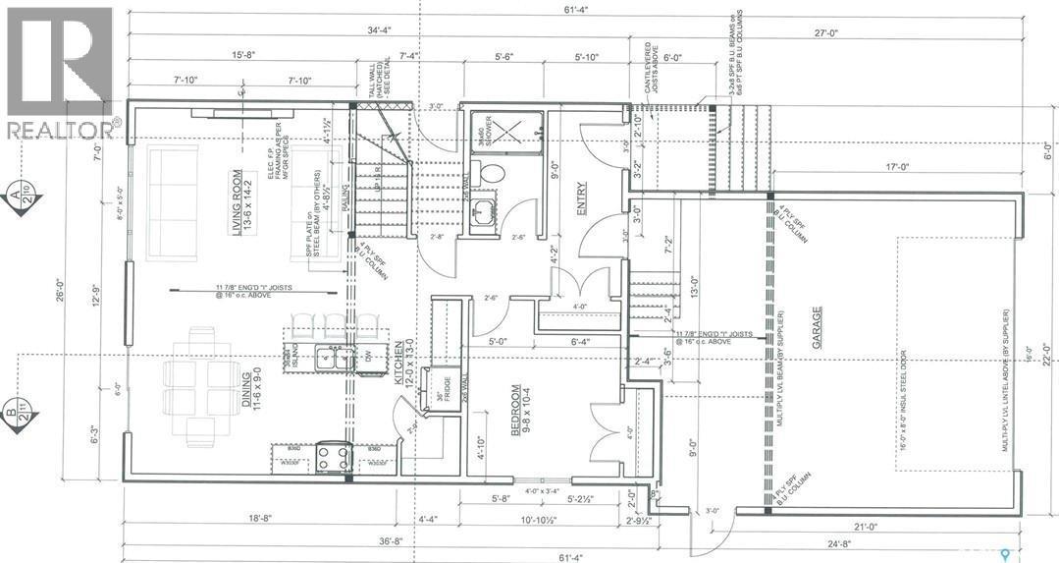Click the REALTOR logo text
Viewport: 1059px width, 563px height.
tap(61, 129)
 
